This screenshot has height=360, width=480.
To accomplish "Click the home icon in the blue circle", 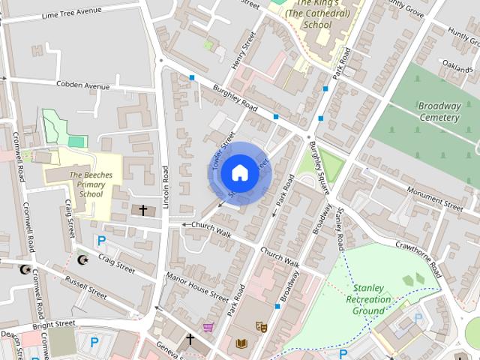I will [239, 172].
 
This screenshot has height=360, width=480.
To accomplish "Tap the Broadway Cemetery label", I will [439, 112].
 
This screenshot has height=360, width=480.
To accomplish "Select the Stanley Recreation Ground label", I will [369, 299].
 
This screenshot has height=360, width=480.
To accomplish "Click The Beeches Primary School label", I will [85, 184].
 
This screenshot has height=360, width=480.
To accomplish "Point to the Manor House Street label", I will [197, 286].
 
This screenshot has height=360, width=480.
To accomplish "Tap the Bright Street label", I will [54, 324].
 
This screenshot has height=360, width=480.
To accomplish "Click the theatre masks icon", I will [262, 326].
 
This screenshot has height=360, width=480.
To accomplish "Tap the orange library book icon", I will [241, 343].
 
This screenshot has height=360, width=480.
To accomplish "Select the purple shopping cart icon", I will [208, 327].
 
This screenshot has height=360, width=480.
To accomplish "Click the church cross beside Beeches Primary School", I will [142, 210].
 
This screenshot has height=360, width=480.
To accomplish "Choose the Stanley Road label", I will [340, 229].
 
